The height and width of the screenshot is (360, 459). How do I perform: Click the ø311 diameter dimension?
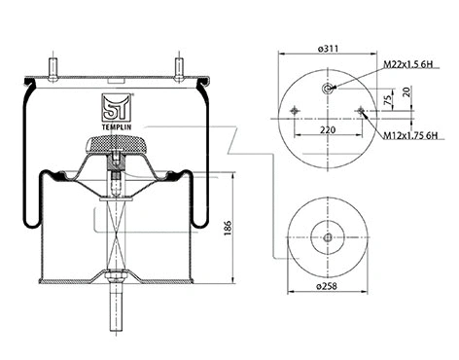(x=329, y=47)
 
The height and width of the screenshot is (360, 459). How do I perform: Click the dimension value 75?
(x=388, y=99)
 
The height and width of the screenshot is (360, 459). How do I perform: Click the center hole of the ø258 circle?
(x=328, y=238)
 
